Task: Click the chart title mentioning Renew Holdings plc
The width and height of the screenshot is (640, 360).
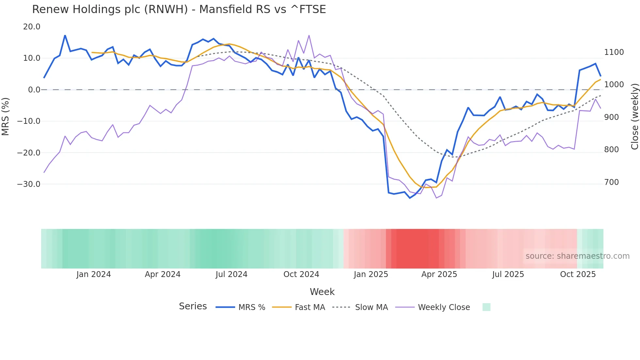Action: (x=179, y=9)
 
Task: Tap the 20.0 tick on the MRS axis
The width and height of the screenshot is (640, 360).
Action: (x=32, y=27)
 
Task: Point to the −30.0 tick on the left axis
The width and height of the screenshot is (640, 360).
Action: (x=29, y=184)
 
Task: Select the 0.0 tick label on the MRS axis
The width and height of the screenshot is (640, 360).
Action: (x=34, y=90)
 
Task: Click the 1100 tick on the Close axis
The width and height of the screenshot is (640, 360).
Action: (x=614, y=52)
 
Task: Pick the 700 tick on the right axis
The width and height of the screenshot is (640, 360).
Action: (x=612, y=182)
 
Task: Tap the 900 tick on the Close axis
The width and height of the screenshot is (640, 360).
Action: (x=612, y=117)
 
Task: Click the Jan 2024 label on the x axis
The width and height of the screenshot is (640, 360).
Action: (x=94, y=274)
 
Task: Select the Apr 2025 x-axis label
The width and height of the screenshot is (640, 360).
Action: (x=439, y=274)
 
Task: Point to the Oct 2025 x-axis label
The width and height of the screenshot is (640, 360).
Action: (x=578, y=274)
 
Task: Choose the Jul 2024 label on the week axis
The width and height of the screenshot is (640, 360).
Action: (x=232, y=274)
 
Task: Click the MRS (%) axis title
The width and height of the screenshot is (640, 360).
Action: (x=6, y=117)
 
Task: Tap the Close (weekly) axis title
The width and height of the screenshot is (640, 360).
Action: (x=634, y=117)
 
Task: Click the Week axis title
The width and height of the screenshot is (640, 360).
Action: (x=322, y=292)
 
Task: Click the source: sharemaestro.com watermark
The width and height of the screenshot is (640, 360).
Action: (x=577, y=256)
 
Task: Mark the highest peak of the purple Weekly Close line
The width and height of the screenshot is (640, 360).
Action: (x=309, y=35)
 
